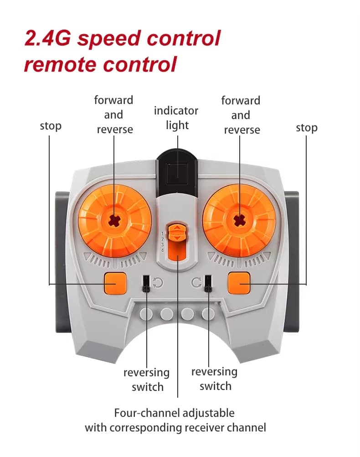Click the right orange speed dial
pos(238,220)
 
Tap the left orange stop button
pos(114,283)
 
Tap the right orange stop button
pos(239,283)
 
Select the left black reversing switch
pos(146,283)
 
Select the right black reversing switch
pos(208,283)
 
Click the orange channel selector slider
pos(176,233)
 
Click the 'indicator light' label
pos(176,118)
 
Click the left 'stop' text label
pos(51,126)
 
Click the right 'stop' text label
pos(306,128)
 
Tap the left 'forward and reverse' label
pos(114,114)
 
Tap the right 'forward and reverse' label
pos(241,115)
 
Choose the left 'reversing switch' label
pos(147,380)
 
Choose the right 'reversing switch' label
pos(215,379)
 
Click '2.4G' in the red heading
pos(47,38)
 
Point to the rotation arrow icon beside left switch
pos(158,283)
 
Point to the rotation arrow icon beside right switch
pos(196,283)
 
